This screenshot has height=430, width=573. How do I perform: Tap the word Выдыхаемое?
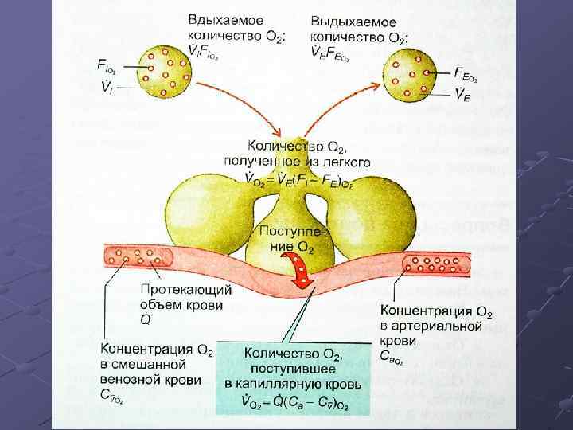pos(347,18)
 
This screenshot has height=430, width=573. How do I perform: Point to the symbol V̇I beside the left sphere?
pos(103,85)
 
